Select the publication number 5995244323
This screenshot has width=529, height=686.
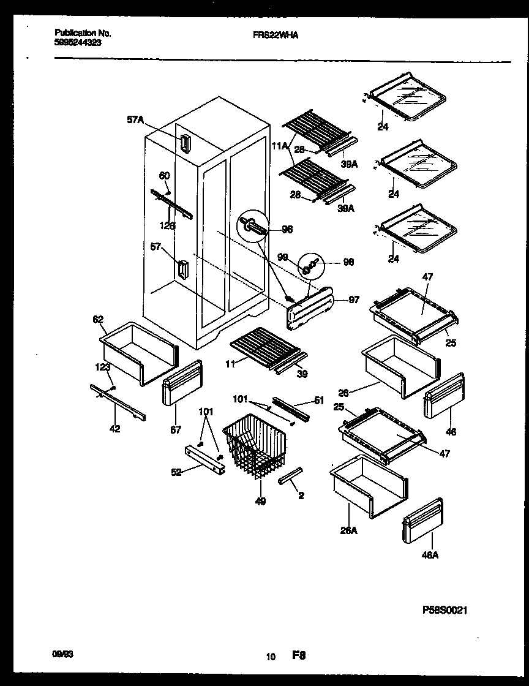[78, 43]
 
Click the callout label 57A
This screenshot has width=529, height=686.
[135, 121]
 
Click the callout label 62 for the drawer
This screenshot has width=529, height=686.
[98, 318]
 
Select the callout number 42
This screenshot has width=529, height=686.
[115, 429]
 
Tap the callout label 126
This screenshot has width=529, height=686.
[167, 225]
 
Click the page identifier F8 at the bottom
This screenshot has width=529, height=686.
[298, 656]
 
